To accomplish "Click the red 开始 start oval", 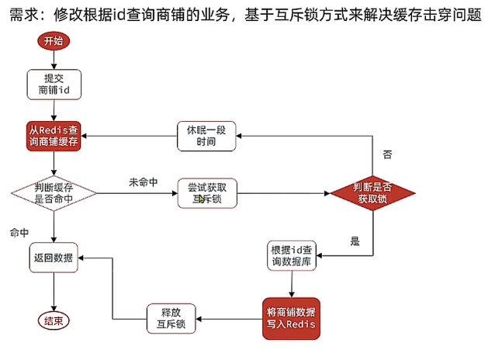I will click(x=54, y=41).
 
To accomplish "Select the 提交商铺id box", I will click(x=54, y=86).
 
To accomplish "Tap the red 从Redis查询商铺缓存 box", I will click(x=54, y=137).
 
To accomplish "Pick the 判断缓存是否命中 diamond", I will click(x=54, y=192).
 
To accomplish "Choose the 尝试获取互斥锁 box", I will click(x=207, y=192).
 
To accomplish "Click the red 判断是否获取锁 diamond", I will click(x=373, y=192).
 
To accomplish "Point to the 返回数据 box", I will click(x=54, y=258).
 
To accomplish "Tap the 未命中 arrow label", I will click(x=143, y=182).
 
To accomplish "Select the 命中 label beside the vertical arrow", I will click(x=19, y=232).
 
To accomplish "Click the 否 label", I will click(x=386, y=154).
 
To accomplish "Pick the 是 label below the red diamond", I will click(x=355, y=241).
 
